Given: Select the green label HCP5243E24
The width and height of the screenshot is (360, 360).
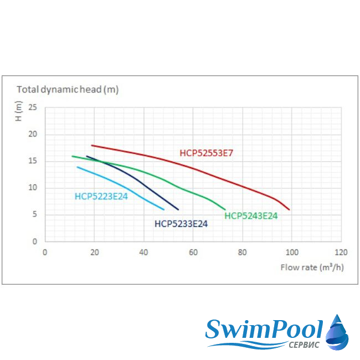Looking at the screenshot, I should pos(251,216).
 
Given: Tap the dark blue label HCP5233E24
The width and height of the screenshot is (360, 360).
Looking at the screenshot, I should pos(181,224).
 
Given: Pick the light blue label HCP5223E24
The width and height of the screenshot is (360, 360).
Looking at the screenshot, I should pos(101,196).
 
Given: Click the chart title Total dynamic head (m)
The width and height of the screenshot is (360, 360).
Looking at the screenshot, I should pos(68,89).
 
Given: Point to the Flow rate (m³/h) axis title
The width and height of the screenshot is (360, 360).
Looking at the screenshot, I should pos(311,267).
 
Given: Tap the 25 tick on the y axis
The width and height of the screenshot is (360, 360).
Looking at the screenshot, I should pos(33,107).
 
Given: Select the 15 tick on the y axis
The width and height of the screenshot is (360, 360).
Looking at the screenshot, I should pos(33,161).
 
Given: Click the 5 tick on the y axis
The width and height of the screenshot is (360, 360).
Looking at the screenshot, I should pos(34,215).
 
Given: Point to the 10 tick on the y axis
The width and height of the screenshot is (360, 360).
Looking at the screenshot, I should pos(33,188).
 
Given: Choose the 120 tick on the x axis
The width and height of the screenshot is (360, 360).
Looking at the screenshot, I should pos(341,252).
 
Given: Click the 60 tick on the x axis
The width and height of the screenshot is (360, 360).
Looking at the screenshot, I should pos(193,252).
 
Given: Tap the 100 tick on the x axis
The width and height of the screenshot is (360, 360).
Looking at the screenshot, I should pos(291,252).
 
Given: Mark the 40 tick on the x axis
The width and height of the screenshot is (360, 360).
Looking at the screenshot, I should pos(144,252).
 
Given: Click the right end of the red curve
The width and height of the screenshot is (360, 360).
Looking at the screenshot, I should pos(289,209).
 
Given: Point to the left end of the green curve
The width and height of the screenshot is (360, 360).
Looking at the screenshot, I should pos(72,156).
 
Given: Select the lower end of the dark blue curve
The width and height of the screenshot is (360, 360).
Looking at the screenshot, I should pos(178,209).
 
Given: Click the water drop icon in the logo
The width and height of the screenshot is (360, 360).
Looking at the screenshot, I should pos(337,332).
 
